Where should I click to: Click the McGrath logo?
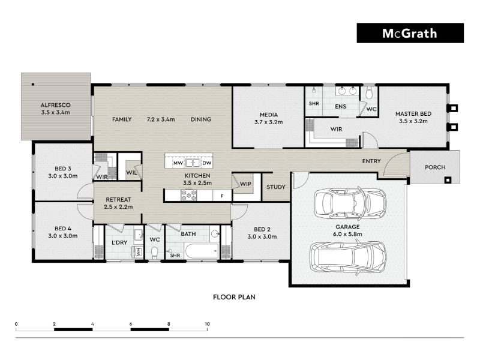[x=410, y=33]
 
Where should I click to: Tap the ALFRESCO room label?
[x=55, y=105]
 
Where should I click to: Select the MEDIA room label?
[x=269, y=115]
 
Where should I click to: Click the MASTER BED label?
[x=413, y=113]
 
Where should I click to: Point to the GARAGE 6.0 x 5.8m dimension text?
[x=347, y=234]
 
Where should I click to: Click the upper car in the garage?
[x=350, y=203]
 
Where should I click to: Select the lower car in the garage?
[x=348, y=257]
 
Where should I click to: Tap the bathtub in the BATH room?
[x=202, y=251]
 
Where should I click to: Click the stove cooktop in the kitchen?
[x=188, y=196]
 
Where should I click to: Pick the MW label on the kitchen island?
[x=178, y=163]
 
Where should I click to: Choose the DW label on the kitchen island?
[x=207, y=163]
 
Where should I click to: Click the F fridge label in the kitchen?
[x=222, y=196]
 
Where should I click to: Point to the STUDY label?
[x=276, y=187]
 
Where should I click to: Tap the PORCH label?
[x=435, y=167]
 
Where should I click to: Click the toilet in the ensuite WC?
[x=369, y=93]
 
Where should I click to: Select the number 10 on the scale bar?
[x=207, y=324]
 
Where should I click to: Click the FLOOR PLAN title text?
[x=234, y=297]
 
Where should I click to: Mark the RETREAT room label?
[x=118, y=199]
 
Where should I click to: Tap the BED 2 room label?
[x=262, y=229]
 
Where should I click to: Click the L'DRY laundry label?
[x=119, y=243]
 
